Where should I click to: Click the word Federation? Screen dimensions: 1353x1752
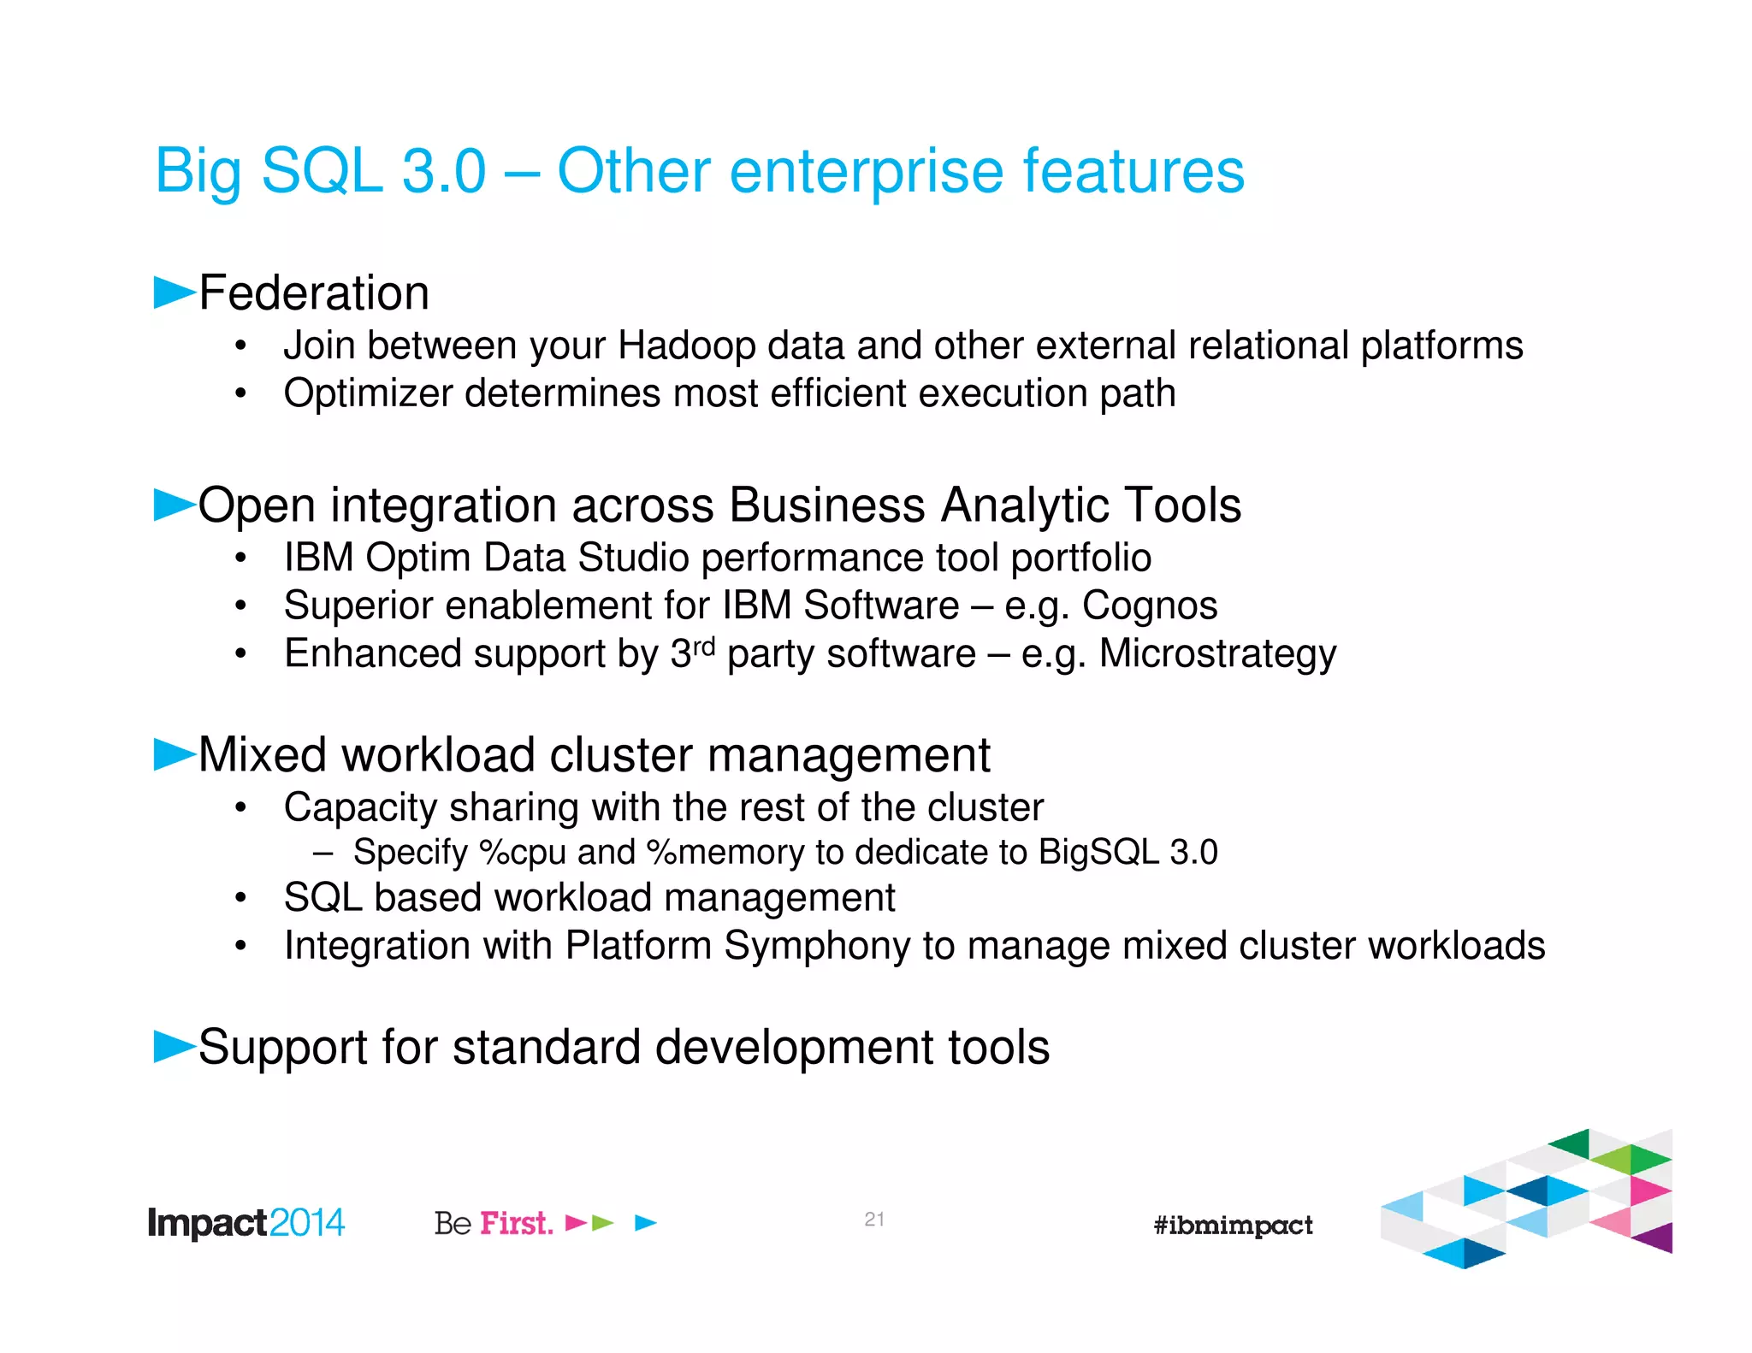click(313, 293)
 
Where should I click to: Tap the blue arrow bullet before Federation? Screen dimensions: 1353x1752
click(173, 292)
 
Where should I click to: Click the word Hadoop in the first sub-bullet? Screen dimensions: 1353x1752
click(687, 346)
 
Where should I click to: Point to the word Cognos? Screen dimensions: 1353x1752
click(1149, 606)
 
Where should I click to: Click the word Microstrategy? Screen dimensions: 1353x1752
click(1216, 654)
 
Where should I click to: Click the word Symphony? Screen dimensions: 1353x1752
click(816, 947)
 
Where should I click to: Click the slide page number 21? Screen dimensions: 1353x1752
click(873, 1220)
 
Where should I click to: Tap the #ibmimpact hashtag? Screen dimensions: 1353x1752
click(1233, 1226)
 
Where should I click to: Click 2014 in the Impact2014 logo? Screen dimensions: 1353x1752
click(307, 1223)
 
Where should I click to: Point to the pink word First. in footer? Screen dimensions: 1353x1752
click(516, 1224)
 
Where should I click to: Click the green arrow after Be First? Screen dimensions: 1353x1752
click(603, 1224)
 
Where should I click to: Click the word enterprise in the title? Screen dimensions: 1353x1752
click(865, 173)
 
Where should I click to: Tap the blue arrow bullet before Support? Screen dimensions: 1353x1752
click(173, 1047)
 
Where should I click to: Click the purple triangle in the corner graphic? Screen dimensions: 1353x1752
click(1658, 1238)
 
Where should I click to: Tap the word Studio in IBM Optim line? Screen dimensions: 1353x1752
click(632, 558)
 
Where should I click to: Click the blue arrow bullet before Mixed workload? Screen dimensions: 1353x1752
click(173, 754)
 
